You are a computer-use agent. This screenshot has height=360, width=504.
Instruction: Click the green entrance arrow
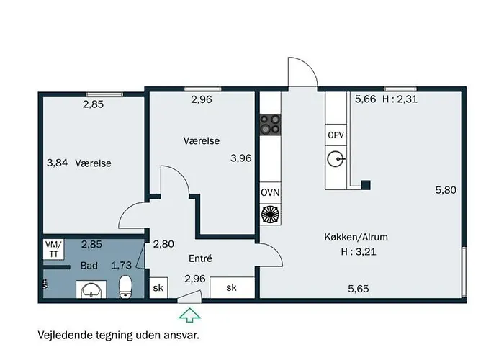189,315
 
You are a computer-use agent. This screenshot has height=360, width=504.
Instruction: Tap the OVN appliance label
270,193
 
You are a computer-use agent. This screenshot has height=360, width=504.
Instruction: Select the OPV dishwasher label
336,135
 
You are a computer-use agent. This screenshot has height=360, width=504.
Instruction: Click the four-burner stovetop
270,125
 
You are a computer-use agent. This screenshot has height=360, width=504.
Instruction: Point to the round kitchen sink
336,159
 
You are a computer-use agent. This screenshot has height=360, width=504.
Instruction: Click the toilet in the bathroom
125,287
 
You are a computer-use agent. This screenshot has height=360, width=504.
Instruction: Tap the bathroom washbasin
91,289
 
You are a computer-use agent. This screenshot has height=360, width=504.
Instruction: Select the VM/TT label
54,249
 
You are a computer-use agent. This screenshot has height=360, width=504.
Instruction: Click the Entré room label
200,258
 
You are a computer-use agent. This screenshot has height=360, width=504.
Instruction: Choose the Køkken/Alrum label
356,237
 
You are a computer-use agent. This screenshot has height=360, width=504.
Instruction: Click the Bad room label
89,266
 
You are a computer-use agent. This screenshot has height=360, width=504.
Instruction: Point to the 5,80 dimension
446,190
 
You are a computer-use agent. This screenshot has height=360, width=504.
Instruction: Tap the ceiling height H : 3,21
359,251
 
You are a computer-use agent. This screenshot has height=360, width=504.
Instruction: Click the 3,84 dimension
57,163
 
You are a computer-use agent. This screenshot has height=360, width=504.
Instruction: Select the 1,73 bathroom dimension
121,265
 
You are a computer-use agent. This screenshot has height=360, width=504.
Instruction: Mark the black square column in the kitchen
366,185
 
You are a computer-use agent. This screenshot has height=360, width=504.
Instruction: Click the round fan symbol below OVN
270,214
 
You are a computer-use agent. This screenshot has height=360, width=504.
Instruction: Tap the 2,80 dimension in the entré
163,244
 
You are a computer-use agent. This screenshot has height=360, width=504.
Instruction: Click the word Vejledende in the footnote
66,335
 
